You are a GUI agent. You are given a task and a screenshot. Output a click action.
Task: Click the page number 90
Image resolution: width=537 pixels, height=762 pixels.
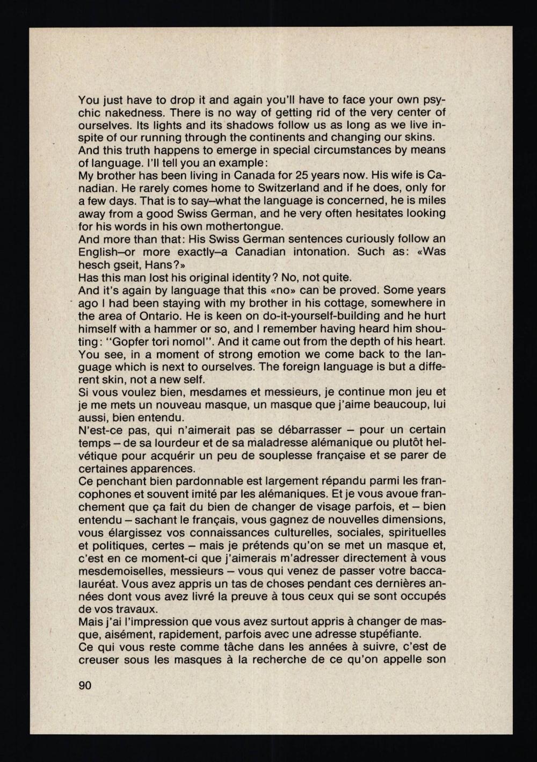click(x=85, y=685)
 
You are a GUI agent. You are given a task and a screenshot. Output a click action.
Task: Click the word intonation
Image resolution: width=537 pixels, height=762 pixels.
click(x=313, y=252)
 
